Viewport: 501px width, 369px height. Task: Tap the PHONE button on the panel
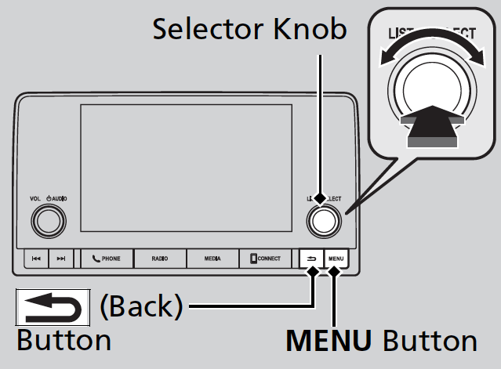click(105, 258)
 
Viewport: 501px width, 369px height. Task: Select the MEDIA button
click(212, 258)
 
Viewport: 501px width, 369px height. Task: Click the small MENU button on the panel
click(336, 258)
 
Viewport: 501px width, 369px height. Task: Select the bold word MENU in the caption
click(330, 341)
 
